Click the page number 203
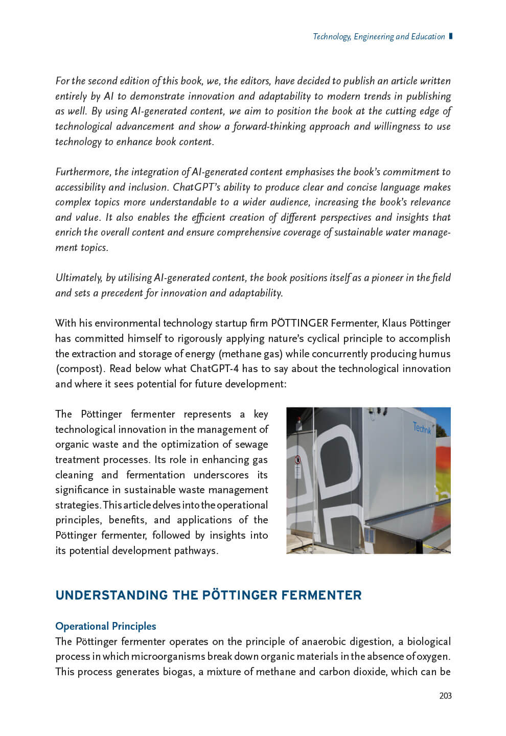445,696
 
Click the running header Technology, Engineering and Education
378,36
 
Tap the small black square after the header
450,36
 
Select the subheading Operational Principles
106,626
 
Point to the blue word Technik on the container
422,428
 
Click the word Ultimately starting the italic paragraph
78,278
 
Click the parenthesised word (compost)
79,369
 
